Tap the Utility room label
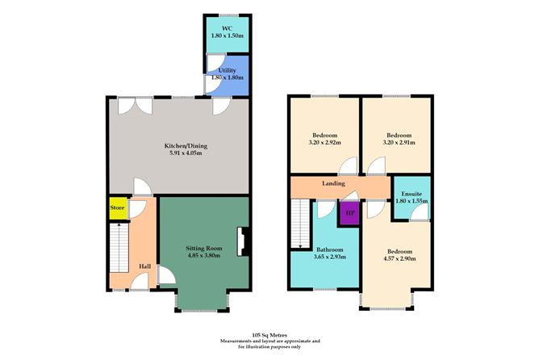(226, 70)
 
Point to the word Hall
(144, 266)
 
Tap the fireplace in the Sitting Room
(240, 241)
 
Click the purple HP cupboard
(349, 213)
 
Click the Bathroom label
(331, 249)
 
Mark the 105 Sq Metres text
(269, 333)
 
